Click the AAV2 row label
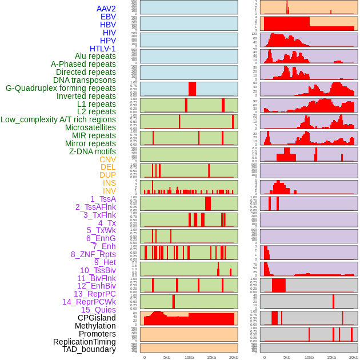point(106,9)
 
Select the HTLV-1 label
point(102,49)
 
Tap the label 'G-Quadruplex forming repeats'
point(61,88)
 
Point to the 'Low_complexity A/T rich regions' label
point(58,119)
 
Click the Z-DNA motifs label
point(92,151)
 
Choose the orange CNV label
point(107,159)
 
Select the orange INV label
point(109,191)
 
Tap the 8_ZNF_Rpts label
point(93,254)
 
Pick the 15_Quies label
point(98,310)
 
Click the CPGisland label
point(97,318)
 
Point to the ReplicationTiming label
point(85,342)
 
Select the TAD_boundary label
point(89,349)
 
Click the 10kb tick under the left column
point(189,357)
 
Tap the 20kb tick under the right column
point(354,357)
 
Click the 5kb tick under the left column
point(167,357)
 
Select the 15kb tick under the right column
point(331,357)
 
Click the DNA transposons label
point(85,80)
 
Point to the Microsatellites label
point(90,127)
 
